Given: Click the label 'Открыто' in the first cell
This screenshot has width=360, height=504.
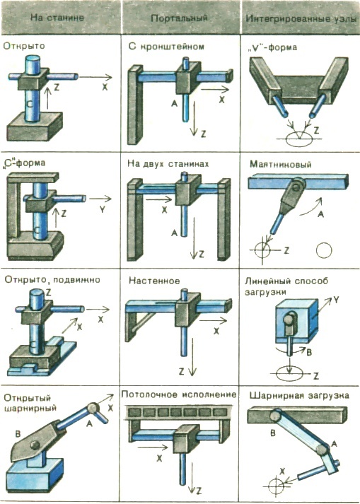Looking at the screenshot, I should click(25, 45).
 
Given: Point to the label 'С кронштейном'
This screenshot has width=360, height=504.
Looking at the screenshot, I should click(166, 47).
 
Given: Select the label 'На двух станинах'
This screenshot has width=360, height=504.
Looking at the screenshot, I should click(168, 163).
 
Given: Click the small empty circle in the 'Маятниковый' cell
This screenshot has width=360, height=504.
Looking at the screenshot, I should click(325, 250).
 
